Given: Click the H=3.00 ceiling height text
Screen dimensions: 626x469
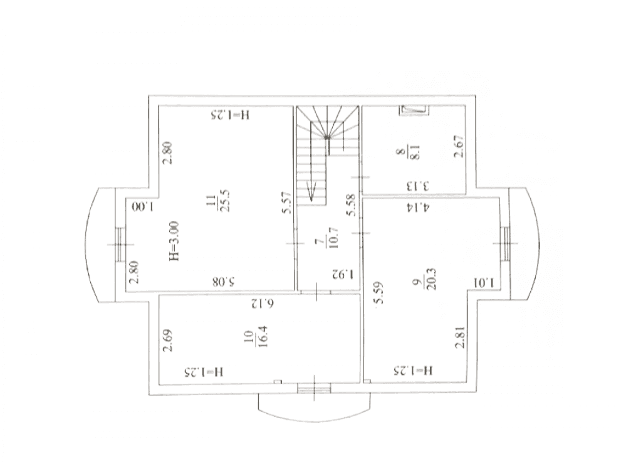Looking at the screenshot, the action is tap(174, 241).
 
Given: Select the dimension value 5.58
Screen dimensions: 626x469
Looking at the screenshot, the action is tap(352, 205).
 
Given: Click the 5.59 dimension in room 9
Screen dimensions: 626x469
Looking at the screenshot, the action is tap(379, 293).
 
